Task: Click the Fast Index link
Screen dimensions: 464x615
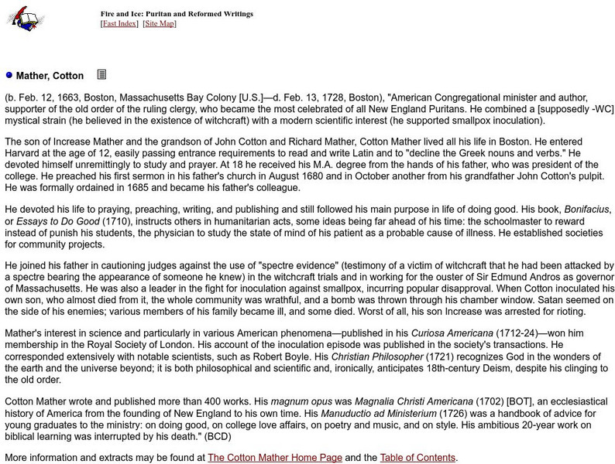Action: pos(119,24)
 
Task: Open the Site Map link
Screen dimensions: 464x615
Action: pos(160,24)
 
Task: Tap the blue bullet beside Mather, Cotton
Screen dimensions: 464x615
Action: pos(9,76)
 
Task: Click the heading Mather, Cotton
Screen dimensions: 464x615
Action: pos(50,76)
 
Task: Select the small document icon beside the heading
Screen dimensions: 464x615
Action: pos(101,75)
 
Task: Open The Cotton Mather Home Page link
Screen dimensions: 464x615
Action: pos(274,457)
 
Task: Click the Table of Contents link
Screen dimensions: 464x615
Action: pos(417,457)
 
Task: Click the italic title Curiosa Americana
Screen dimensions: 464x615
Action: pos(451,333)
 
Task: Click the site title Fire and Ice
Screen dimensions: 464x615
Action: pos(177,14)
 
